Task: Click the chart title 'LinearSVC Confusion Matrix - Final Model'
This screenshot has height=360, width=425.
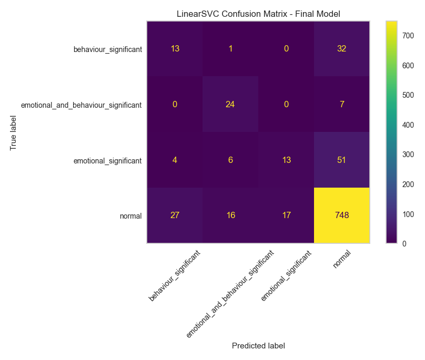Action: [258, 14]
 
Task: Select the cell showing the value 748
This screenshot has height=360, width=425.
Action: [341, 215]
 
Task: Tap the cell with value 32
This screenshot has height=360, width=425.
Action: [341, 49]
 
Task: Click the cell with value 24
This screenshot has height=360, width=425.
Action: [230, 105]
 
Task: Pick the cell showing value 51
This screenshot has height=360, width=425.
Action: [341, 160]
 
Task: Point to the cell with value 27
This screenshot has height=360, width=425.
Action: [175, 215]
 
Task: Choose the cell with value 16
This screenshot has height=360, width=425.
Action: [230, 215]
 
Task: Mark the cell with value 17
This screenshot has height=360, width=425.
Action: [286, 215]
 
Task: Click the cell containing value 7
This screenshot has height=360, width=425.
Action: [341, 105]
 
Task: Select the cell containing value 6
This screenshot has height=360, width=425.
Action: [230, 160]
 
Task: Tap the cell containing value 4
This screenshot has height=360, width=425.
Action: [175, 160]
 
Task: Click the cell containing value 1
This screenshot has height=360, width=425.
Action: [230, 49]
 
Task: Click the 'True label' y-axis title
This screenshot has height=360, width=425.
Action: [14, 132]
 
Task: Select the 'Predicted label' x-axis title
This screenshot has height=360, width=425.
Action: [258, 346]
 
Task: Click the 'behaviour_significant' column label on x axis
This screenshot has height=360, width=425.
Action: [174, 275]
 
